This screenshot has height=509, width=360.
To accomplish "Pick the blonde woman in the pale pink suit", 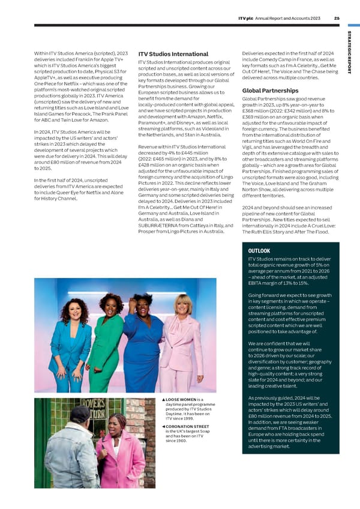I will point(182,339).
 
